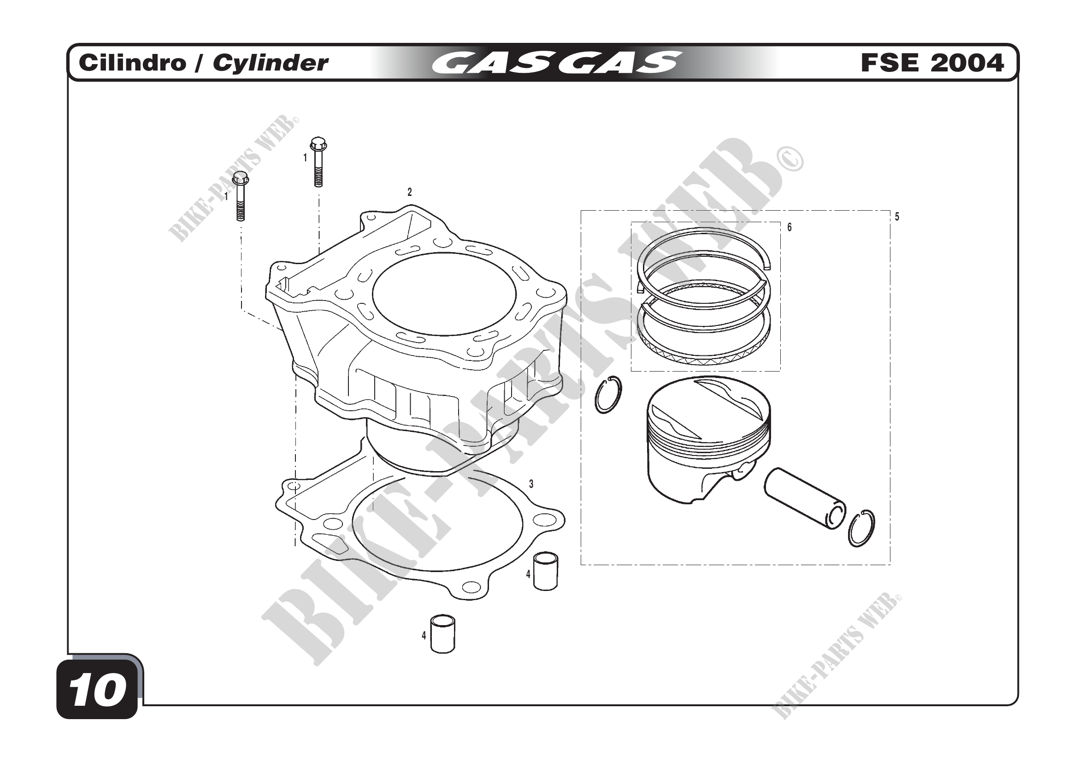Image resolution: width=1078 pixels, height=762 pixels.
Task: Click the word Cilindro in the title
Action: pyautogui.click(x=132, y=62)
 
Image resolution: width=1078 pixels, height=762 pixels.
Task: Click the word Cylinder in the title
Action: pyautogui.click(x=271, y=63)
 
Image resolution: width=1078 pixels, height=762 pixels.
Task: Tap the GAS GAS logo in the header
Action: pyautogui.click(x=556, y=62)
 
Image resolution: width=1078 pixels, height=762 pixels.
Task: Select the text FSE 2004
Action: pyautogui.click(x=932, y=62)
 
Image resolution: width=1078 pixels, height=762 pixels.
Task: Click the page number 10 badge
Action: pyautogui.click(x=98, y=689)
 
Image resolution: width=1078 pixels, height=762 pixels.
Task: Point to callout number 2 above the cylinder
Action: pyautogui.click(x=409, y=192)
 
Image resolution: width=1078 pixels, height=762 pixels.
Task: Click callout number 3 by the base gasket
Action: pyautogui.click(x=531, y=484)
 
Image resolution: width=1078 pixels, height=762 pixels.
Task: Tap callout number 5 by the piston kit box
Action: pyautogui.click(x=897, y=217)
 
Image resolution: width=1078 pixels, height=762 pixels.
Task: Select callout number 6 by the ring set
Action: pyautogui.click(x=789, y=227)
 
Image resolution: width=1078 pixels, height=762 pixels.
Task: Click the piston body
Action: pyautogui.click(x=708, y=441)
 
